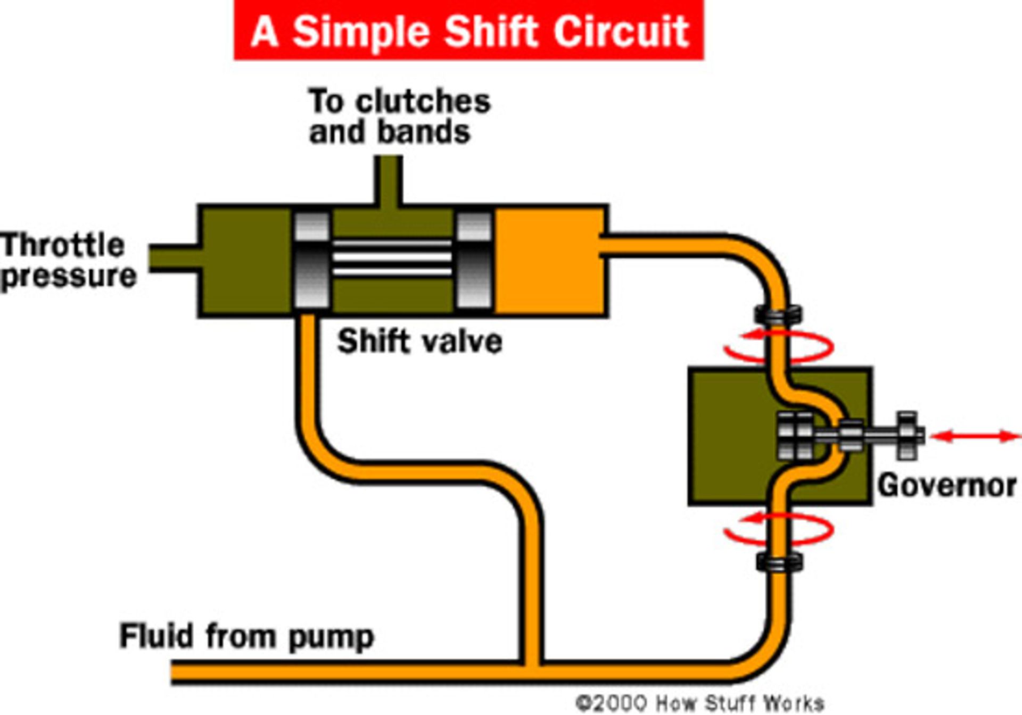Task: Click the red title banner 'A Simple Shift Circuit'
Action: tap(468, 30)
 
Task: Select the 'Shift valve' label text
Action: tap(419, 341)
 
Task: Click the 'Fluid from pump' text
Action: tap(246, 636)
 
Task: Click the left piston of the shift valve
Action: tap(311, 260)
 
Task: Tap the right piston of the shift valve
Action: tap(474, 260)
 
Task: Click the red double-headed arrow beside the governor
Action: tap(975, 437)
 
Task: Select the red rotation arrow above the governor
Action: tap(778, 346)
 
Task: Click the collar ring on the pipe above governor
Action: tap(778, 314)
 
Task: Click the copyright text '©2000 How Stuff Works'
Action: tap(700, 703)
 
